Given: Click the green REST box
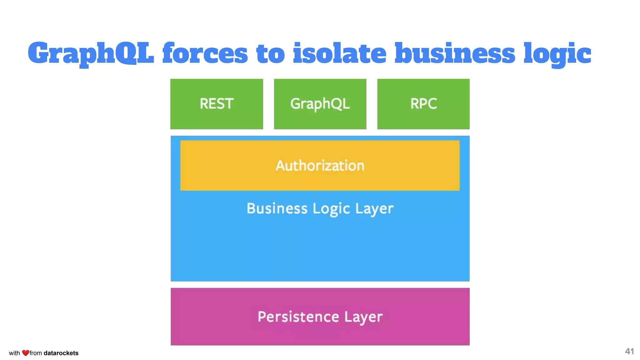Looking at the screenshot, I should pyautogui.click(x=217, y=104).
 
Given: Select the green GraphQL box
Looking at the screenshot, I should pyautogui.click(x=320, y=104).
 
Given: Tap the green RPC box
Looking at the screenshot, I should pyautogui.click(x=423, y=104).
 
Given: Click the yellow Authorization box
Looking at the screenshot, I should pyautogui.click(x=320, y=165).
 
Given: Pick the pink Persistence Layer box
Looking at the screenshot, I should pyautogui.click(x=320, y=316).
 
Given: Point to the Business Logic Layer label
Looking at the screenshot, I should pyautogui.click(x=320, y=209).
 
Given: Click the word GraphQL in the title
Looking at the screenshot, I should pyautogui.click(x=91, y=53).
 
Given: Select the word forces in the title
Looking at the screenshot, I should pyautogui.click(x=205, y=53).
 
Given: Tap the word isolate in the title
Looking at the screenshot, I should pyautogui.click(x=340, y=53).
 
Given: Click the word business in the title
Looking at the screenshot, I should pyautogui.click(x=455, y=53).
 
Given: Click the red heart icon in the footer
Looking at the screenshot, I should pyautogui.click(x=26, y=353).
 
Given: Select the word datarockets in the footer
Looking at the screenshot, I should pyautogui.click(x=61, y=353).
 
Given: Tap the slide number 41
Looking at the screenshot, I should pyautogui.click(x=629, y=352).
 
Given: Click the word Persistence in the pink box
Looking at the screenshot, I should pyautogui.click(x=298, y=317).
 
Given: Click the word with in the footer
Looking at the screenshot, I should pyautogui.click(x=14, y=353).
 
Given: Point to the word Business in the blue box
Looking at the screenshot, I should pyautogui.click(x=277, y=208).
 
